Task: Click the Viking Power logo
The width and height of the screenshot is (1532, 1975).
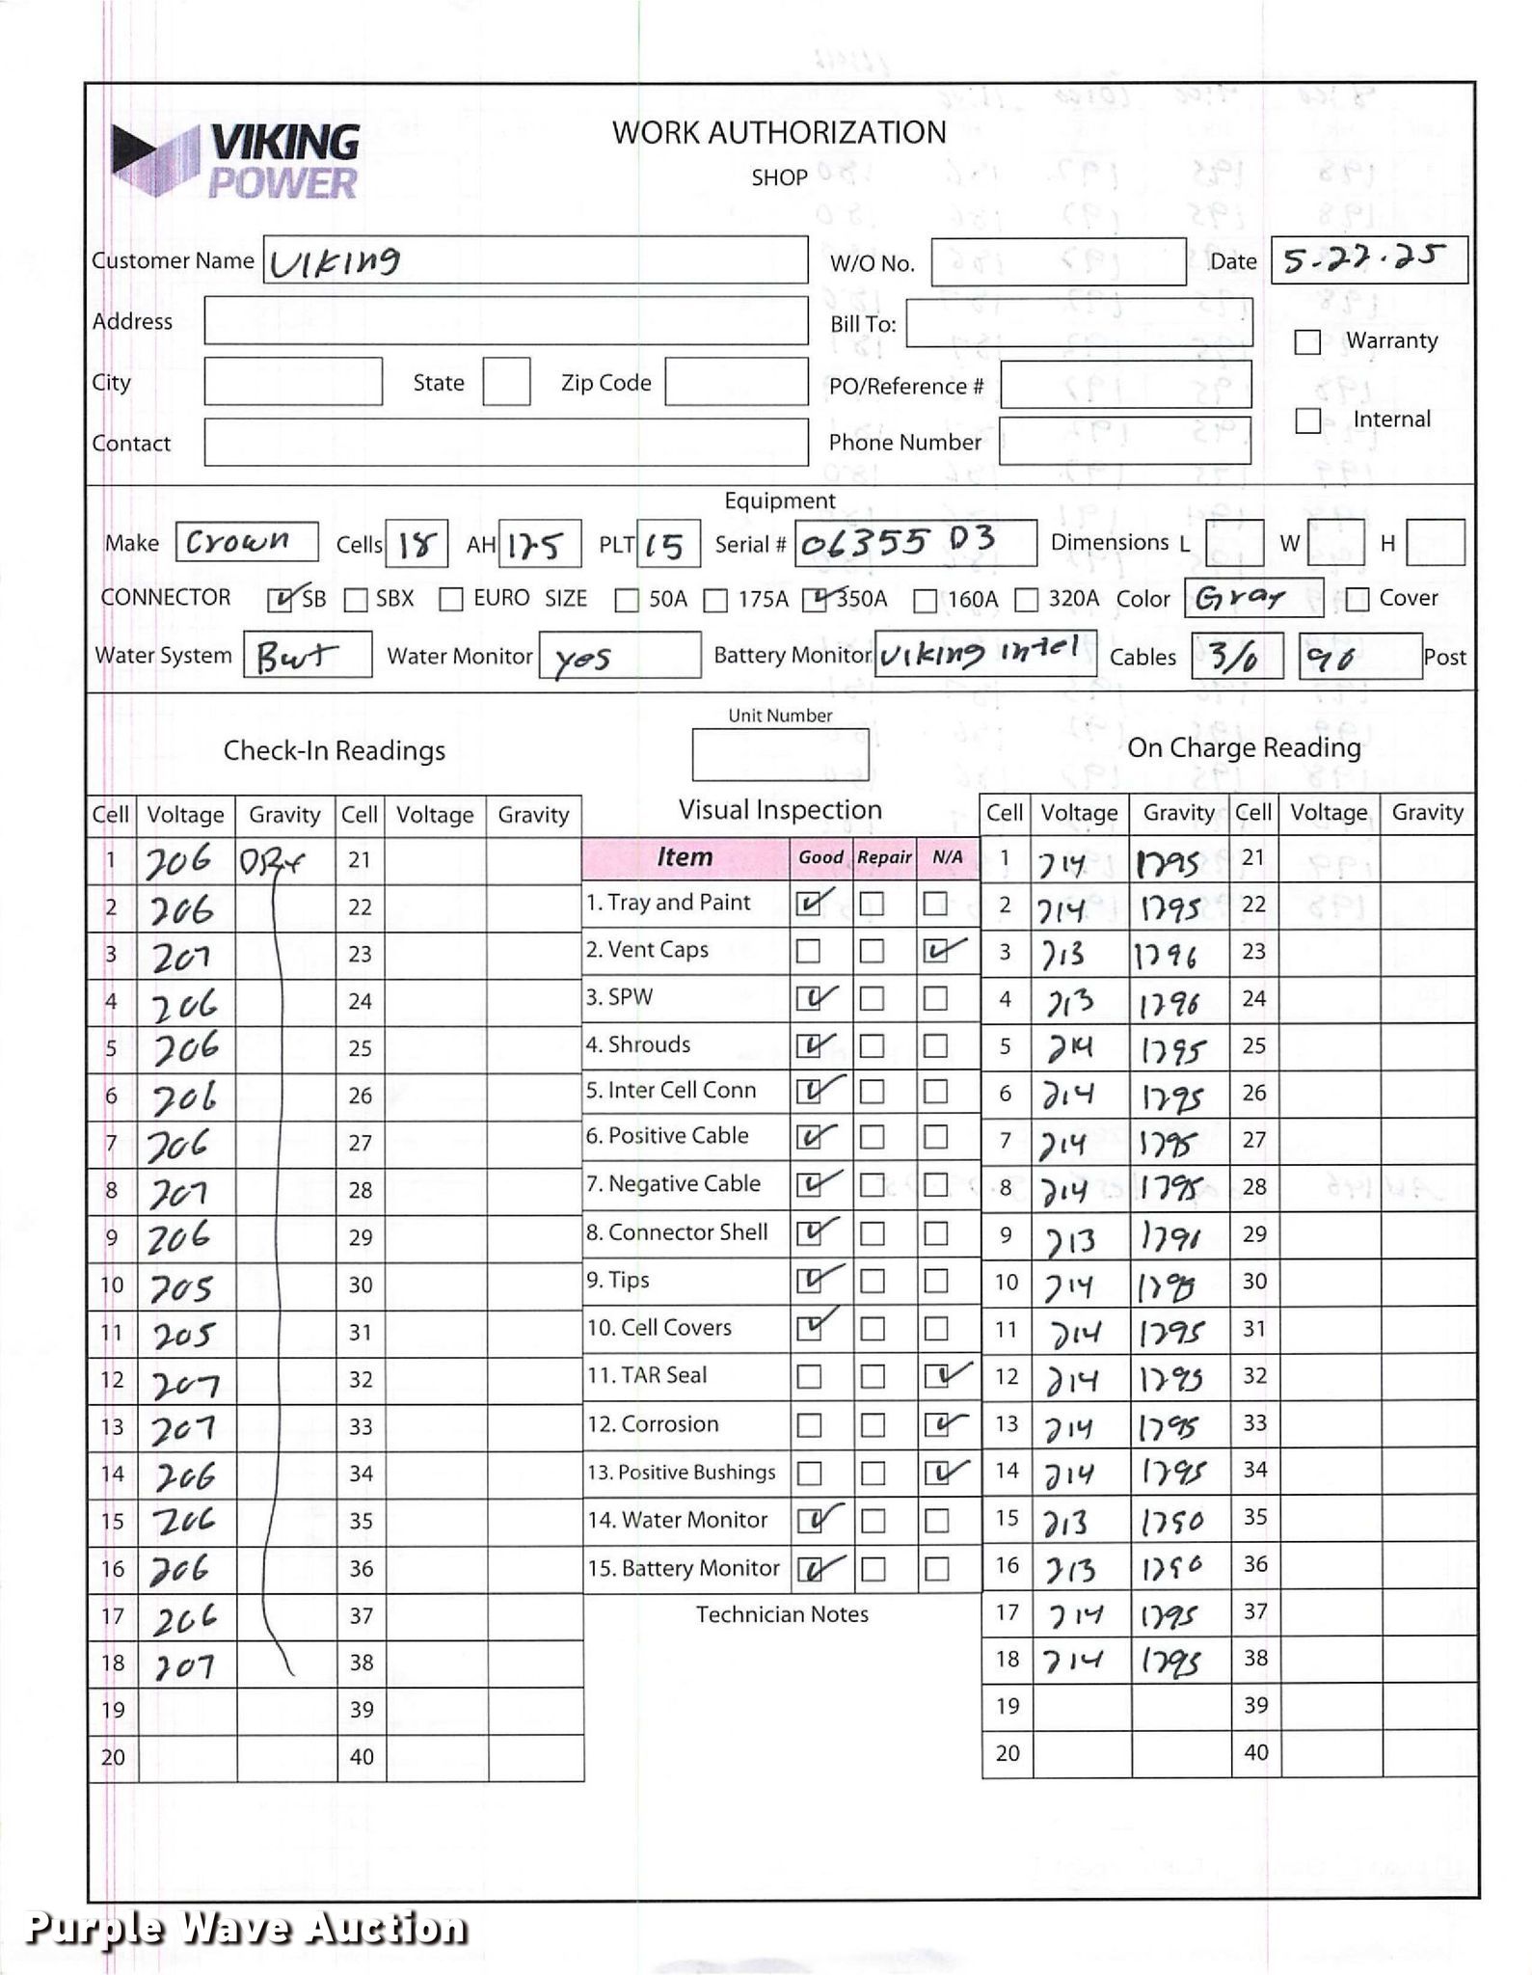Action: pos(236,161)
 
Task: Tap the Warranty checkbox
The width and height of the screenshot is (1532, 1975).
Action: pos(1307,342)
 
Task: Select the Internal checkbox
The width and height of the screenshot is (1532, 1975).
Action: pos(1307,420)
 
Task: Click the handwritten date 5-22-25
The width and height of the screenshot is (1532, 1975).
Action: pos(1363,258)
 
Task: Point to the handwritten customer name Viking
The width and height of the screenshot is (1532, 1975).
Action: pos(336,261)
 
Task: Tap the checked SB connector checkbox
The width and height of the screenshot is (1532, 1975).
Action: pos(280,600)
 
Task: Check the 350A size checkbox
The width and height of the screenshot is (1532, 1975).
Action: pos(815,600)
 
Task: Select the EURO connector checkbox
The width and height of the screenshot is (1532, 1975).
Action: pos(450,600)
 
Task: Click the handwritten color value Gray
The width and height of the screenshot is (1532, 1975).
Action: pos(1240,599)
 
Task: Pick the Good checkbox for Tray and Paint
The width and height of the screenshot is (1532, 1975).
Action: pos(809,904)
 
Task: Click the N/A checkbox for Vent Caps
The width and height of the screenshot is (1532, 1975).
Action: pos(936,952)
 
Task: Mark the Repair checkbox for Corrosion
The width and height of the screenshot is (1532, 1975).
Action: pos(873,1425)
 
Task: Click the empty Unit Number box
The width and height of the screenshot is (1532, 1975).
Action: pos(779,754)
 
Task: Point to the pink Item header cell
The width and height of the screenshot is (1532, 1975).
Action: pos(685,857)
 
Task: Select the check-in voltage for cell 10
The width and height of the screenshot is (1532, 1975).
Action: pos(182,1287)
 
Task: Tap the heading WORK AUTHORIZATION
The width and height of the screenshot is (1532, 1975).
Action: pos(779,132)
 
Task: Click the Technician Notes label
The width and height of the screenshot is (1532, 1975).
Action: pos(782,1614)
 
